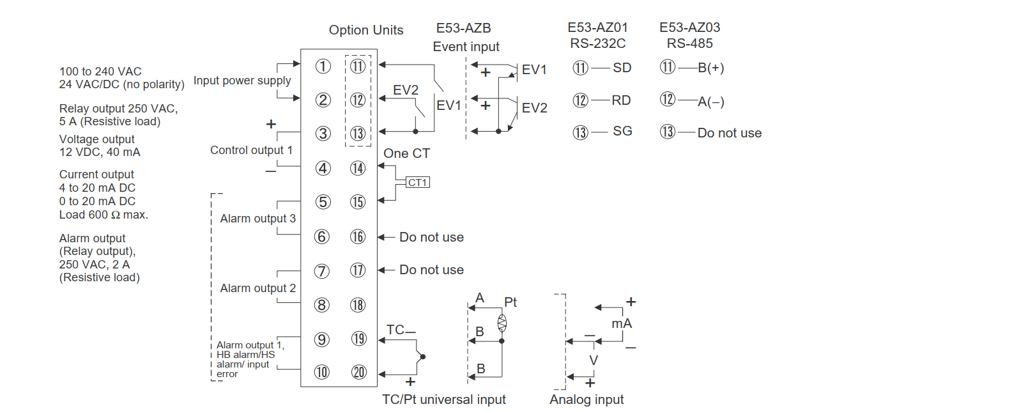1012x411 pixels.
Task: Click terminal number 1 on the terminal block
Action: [x=323, y=66]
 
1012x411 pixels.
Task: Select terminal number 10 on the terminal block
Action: [x=322, y=372]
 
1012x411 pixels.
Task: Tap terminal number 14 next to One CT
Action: [x=358, y=168]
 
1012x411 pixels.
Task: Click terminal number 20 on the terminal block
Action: [x=359, y=372]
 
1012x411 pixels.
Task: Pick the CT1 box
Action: [x=418, y=183]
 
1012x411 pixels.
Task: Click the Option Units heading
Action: [x=366, y=30]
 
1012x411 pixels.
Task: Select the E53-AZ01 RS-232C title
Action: [x=598, y=36]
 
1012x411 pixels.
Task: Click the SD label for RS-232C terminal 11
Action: [x=622, y=68]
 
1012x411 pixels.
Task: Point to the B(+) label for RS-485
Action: [x=710, y=68]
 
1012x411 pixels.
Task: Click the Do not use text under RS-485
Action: [x=729, y=133]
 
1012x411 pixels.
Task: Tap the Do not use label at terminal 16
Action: [x=431, y=237]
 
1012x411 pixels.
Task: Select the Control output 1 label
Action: [x=251, y=150]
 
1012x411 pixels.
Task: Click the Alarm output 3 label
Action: [x=257, y=219]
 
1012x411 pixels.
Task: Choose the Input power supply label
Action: [x=242, y=81]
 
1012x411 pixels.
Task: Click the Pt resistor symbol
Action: [x=502, y=323]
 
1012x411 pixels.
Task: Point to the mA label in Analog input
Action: [x=621, y=323]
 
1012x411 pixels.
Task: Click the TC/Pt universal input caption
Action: [x=443, y=399]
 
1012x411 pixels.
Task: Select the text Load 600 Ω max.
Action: [x=103, y=215]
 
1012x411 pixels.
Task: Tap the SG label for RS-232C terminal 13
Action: [x=622, y=131]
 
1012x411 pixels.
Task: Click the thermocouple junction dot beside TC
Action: [x=423, y=357]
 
